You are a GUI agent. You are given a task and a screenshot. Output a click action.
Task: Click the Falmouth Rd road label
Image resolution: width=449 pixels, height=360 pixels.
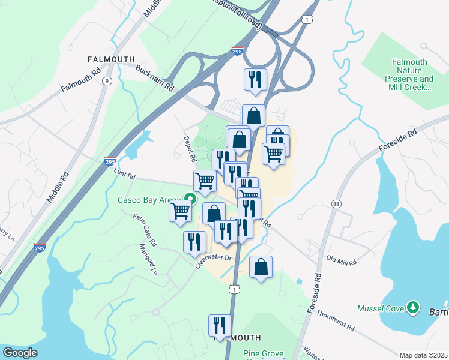click(x=80, y=79)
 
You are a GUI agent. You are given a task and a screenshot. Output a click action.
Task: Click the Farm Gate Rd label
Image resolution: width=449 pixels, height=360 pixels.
click(x=145, y=230)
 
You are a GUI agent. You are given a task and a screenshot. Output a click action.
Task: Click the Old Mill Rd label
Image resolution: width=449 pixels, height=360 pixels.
click(x=341, y=262)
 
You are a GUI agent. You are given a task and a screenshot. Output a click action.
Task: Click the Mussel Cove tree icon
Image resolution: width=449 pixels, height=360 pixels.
click(x=412, y=308)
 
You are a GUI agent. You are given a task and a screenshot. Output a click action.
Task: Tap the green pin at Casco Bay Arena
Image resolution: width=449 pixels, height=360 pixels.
click(x=191, y=198)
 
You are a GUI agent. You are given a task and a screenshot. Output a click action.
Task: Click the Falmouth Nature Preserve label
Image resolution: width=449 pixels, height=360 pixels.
click(x=409, y=74)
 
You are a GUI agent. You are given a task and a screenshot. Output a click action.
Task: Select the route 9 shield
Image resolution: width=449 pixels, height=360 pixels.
click(x=106, y=81)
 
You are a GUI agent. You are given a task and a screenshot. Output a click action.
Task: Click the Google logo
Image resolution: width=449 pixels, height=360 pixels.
click(x=20, y=353)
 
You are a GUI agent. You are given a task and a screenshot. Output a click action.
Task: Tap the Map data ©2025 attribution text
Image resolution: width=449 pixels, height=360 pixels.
click(x=423, y=355)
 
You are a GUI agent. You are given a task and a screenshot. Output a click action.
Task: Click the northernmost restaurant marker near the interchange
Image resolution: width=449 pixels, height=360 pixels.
click(x=255, y=79)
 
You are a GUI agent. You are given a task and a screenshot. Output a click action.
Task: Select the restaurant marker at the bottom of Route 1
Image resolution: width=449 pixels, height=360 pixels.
click(x=220, y=325)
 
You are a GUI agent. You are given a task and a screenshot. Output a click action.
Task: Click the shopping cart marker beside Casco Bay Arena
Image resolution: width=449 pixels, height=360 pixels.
click(x=181, y=211)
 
